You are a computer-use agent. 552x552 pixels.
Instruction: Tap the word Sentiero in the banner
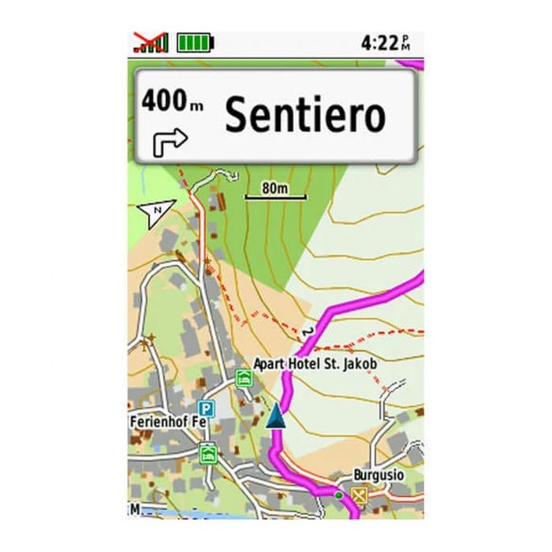(x=305, y=115)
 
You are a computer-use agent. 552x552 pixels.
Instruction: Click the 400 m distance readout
(x=167, y=101)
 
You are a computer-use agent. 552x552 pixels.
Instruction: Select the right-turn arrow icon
(x=169, y=141)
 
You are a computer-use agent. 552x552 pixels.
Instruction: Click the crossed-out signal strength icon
(x=150, y=42)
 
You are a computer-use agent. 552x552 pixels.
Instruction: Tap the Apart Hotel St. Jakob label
(x=315, y=364)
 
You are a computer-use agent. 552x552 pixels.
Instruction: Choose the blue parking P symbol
(x=206, y=408)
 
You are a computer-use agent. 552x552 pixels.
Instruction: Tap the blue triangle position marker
(x=274, y=417)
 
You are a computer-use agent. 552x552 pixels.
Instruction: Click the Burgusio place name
(x=379, y=476)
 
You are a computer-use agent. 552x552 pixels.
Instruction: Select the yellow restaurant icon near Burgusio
(x=361, y=495)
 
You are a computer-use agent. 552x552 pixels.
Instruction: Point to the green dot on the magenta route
(x=338, y=494)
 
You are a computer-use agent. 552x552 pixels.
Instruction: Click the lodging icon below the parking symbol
(x=208, y=452)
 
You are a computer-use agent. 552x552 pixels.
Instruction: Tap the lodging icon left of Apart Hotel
(x=244, y=378)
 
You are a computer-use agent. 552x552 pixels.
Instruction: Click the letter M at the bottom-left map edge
(x=135, y=509)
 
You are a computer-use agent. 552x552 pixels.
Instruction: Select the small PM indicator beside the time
(x=405, y=42)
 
